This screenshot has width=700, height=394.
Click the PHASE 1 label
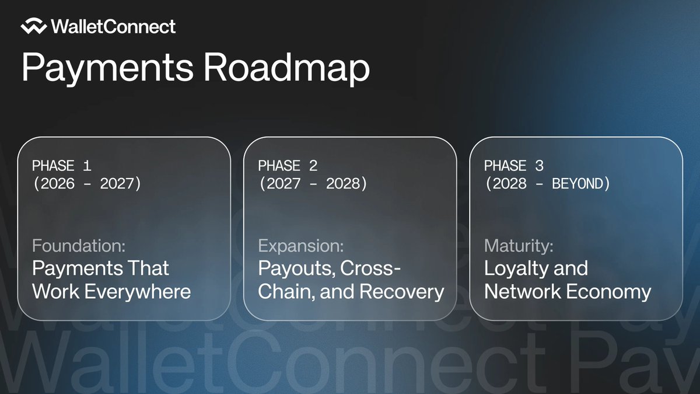pyautogui.click(x=61, y=166)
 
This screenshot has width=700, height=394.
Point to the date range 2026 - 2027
pyautogui.click(x=87, y=184)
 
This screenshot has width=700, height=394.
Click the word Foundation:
pyautogui.click(x=79, y=246)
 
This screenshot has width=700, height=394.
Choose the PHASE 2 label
pyautogui.click(x=288, y=166)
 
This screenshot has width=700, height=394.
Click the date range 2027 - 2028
pyautogui.click(x=313, y=184)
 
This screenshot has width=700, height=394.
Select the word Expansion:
pyautogui.click(x=301, y=246)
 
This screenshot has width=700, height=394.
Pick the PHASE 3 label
pyautogui.click(x=513, y=166)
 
